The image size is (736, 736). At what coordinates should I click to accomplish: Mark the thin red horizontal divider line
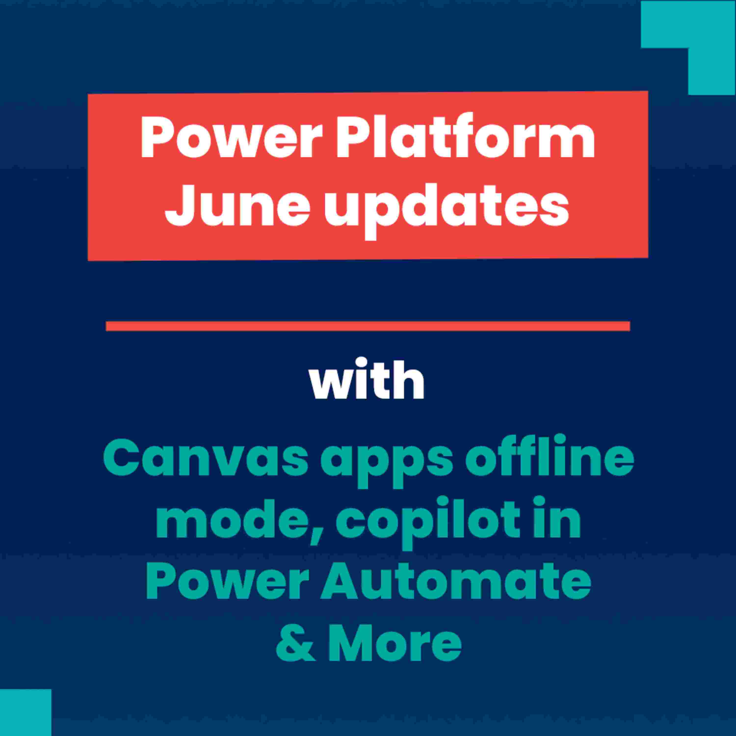[x=368, y=326]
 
